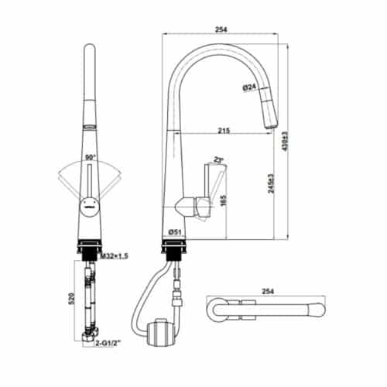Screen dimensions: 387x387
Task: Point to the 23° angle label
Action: tap(219, 160)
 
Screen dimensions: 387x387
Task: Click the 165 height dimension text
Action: tap(223, 203)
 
